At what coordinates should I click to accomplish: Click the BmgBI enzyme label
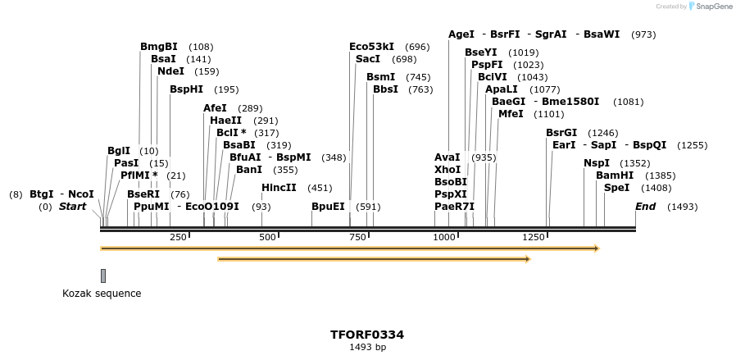pyautogui.click(x=158, y=47)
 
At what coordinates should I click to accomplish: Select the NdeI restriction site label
pyautogui.click(x=170, y=71)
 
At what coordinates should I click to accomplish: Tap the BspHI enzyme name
pyautogui.click(x=186, y=89)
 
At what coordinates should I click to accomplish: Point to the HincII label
pyautogui.click(x=279, y=188)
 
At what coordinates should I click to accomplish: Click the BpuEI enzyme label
pyautogui.click(x=328, y=207)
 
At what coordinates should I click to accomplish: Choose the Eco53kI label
pyautogui.click(x=371, y=47)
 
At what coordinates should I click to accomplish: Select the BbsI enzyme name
pyautogui.click(x=385, y=89)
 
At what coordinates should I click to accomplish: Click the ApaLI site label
pyautogui.click(x=502, y=89)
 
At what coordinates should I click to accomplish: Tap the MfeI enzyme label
pyautogui.click(x=511, y=114)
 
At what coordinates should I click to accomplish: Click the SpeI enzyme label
pyautogui.click(x=616, y=188)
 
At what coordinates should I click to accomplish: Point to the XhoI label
pyautogui.click(x=448, y=169)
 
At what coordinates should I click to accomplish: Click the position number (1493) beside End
pyautogui.click(x=682, y=207)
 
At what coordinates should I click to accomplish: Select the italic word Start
pyautogui.click(x=72, y=207)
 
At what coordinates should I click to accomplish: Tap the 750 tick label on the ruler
pyautogui.click(x=357, y=237)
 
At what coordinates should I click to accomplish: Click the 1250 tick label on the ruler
pyautogui.click(x=533, y=237)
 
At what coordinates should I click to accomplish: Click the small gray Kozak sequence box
pyautogui.click(x=103, y=276)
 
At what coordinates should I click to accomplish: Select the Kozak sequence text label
pyautogui.click(x=102, y=294)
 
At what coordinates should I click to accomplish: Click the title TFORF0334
pyautogui.click(x=367, y=335)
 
